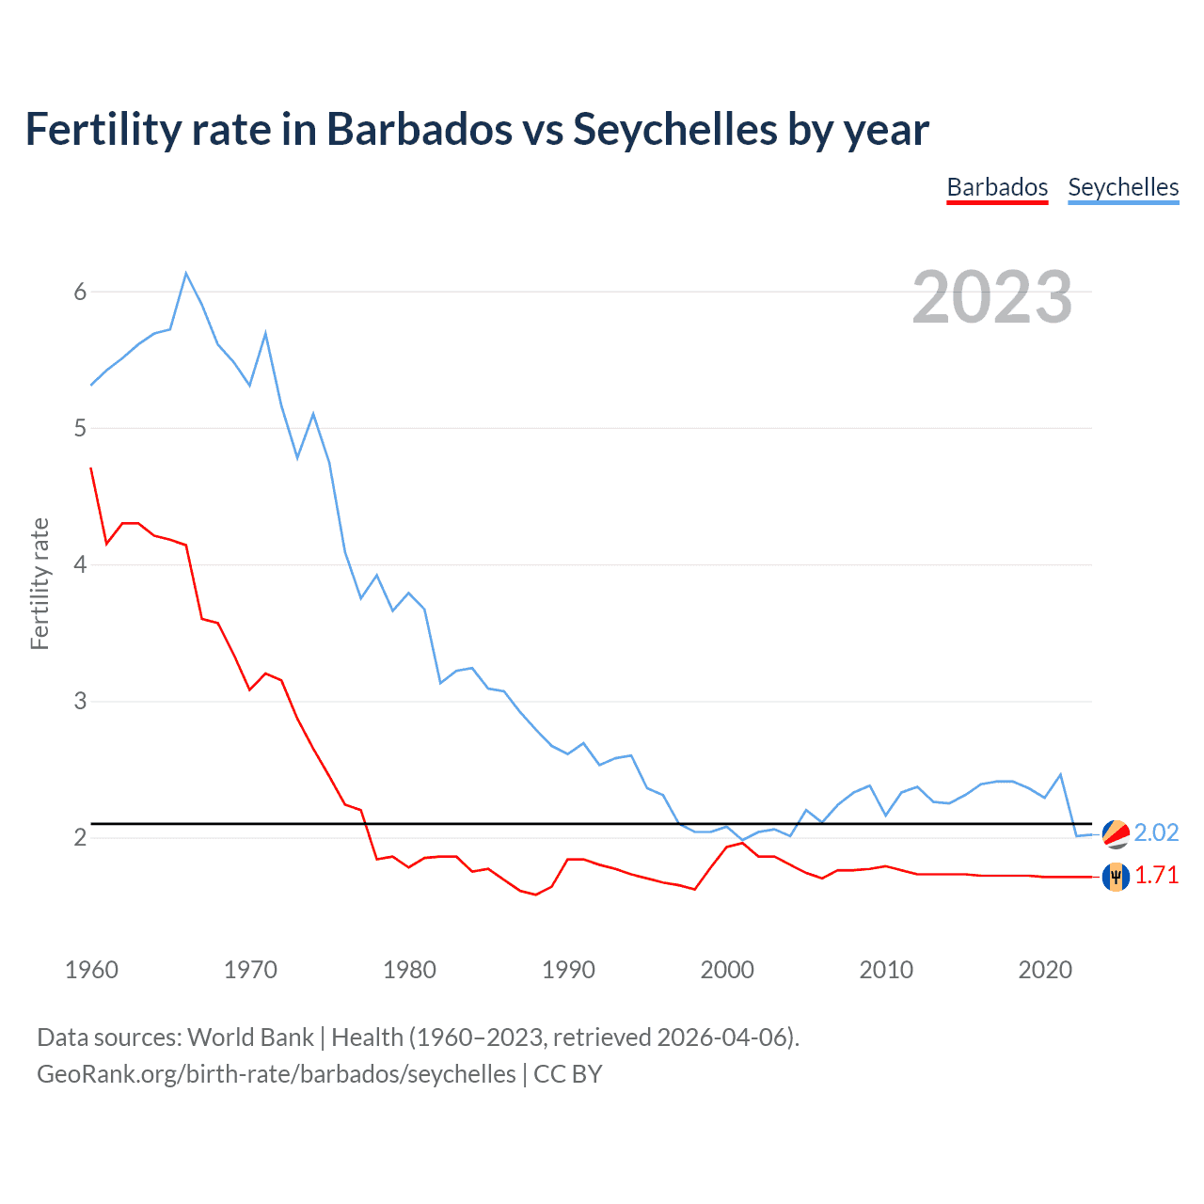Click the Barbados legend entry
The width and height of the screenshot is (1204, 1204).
point(997,187)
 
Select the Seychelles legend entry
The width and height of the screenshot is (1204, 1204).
point(1123,187)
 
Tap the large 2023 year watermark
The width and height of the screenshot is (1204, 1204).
point(991,297)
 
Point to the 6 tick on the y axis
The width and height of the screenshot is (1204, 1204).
point(80,292)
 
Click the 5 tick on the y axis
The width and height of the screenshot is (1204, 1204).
point(80,428)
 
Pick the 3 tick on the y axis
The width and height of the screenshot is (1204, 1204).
point(80,701)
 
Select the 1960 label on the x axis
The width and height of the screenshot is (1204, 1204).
point(91,970)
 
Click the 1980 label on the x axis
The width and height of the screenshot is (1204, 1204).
point(409,970)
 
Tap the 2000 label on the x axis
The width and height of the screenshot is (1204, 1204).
point(727,970)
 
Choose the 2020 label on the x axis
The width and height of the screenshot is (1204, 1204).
point(1045,970)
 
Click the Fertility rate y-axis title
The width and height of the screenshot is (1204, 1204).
point(40,583)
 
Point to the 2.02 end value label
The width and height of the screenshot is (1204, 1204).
point(1156,832)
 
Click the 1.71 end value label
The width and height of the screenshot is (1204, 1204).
point(1156,875)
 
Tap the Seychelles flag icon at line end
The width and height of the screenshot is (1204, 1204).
point(1116,833)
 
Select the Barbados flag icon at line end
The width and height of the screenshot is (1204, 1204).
point(1116,876)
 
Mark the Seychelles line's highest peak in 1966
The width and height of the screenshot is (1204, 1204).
point(186,273)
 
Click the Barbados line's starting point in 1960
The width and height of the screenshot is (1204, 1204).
point(91,468)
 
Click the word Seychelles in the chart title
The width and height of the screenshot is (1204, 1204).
point(674,129)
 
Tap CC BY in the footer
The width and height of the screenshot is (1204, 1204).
point(568,1074)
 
